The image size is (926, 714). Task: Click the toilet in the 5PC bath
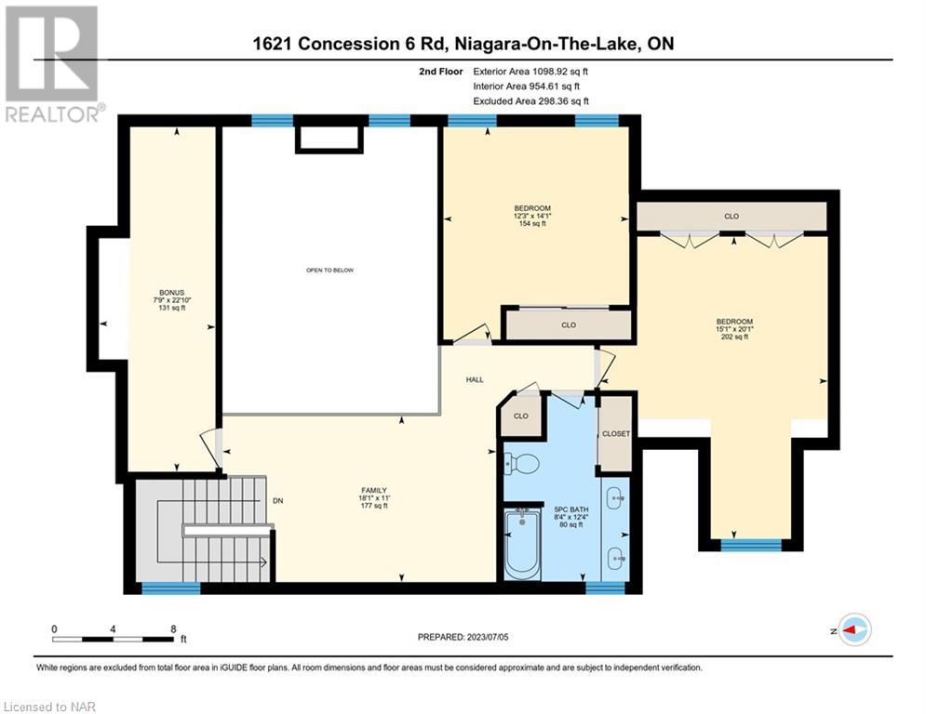[521, 463]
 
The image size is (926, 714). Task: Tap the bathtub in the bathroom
[522, 545]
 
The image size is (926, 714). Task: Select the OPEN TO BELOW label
[329, 271]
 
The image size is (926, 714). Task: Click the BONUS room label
[172, 299]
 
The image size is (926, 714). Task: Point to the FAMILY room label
[374, 497]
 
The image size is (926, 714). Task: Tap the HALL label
[475, 380]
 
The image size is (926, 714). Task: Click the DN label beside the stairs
[277, 500]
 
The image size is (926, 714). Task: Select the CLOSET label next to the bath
[616, 434]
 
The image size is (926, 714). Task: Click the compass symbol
[855, 630]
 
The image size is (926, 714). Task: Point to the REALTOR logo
[54, 64]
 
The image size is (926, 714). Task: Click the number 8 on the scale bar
[173, 629]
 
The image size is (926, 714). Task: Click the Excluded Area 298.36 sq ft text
[530, 101]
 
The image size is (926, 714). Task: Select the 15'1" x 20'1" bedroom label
[734, 329]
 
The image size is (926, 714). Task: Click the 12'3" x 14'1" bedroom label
[532, 216]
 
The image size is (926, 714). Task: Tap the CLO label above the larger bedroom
[731, 217]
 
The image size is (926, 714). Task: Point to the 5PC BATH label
[571, 517]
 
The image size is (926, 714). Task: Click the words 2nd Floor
[441, 72]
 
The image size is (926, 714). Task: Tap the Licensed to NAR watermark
[49, 707]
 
